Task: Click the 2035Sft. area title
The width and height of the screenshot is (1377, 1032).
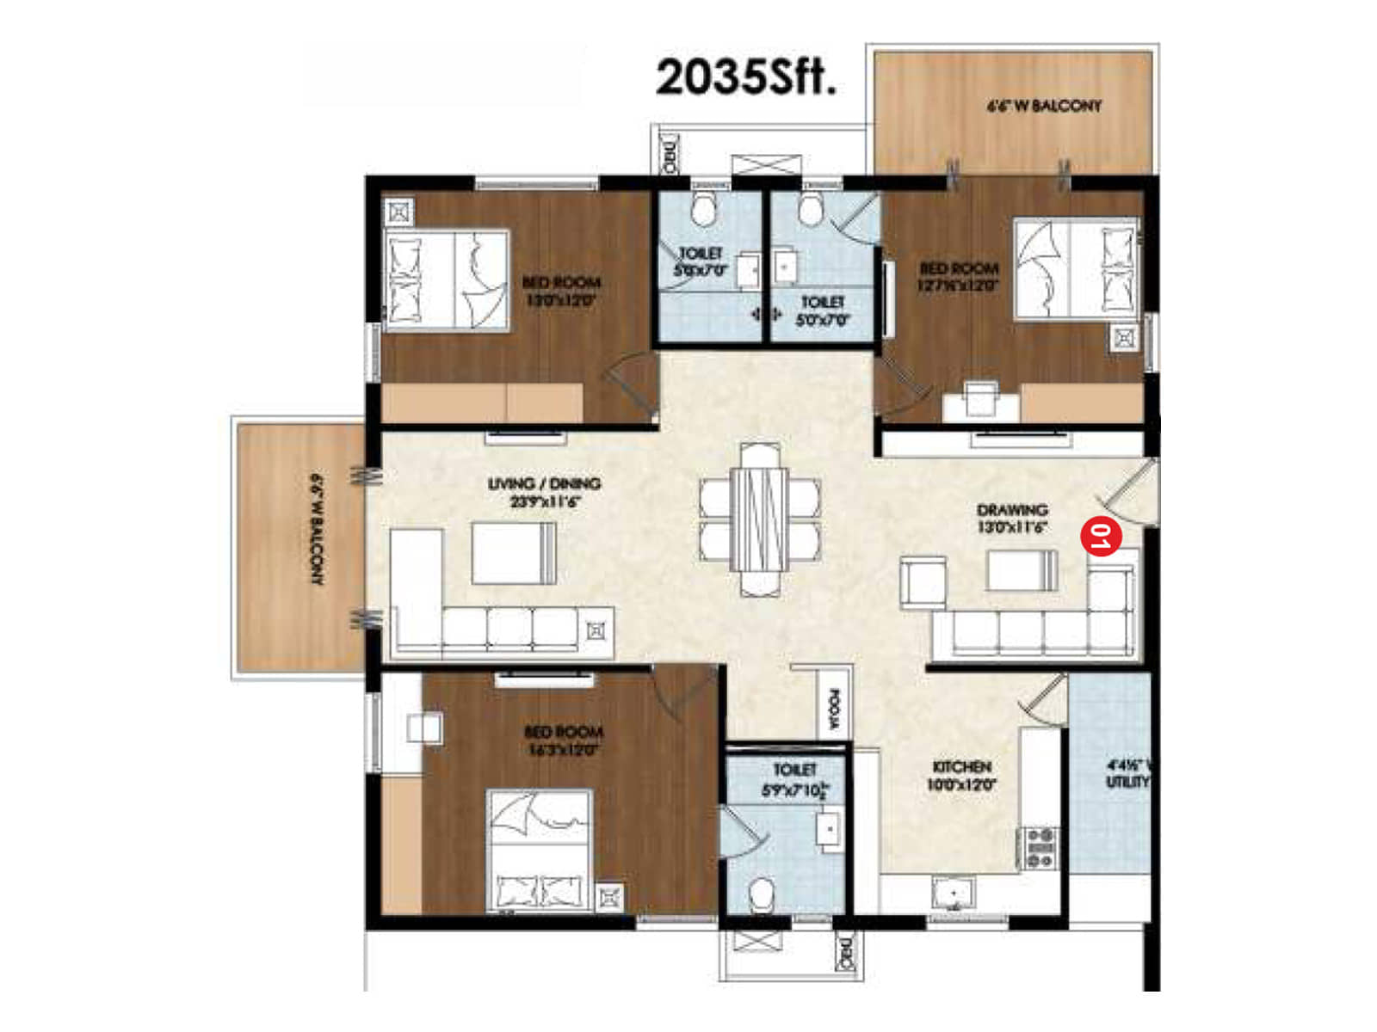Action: pyautogui.click(x=745, y=78)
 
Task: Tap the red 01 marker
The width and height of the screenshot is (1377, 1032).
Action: pyautogui.click(x=1101, y=537)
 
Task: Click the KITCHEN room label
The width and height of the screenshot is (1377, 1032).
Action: pyautogui.click(x=961, y=775)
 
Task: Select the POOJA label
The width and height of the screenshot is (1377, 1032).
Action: pyautogui.click(x=833, y=709)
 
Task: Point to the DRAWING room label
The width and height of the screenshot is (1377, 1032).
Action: pyautogui.click(x=1012, y=518)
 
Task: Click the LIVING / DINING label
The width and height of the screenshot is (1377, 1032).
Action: pyautogui.click(x=544, y=491)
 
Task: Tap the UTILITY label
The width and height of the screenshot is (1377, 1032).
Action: pyautogui.click(x=1127, y=773)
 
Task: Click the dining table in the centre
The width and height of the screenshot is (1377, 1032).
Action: pyautogui.click(x=759, y=518)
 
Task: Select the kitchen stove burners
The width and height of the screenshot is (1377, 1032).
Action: pyautogui.click(x=1040, y=848)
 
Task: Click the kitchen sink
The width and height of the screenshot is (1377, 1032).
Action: pyautogui.click(x=953, y=893)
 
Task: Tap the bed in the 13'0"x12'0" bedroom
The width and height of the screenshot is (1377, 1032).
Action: pyautogui.click(x=446, y=279)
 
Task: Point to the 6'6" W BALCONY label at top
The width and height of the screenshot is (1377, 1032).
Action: pyautogui.click(x=1043, y=106)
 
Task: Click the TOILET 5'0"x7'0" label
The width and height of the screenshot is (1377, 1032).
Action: pyautogui.click(x=822, y=310)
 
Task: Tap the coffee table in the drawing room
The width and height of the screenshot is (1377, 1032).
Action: pyautogui.click(x=1022, y=570)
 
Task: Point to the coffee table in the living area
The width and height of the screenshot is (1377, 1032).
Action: pyautogui.click(x=514, y=553)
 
